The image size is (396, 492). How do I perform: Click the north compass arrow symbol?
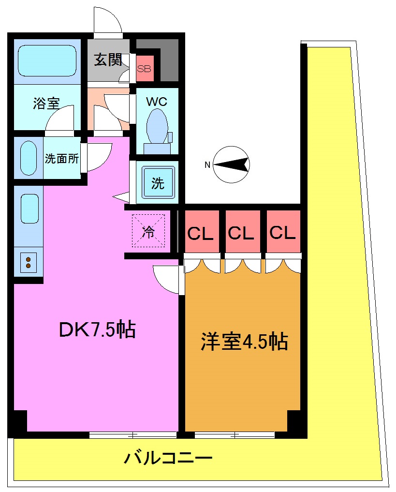point(232,165)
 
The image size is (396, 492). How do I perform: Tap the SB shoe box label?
point(144,68)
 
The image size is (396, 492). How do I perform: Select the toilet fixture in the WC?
point(157,126)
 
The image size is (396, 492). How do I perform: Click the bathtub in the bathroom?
point(47,60)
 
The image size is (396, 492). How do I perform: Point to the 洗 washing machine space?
point(158,183)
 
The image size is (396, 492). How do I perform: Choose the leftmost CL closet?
point(201,234)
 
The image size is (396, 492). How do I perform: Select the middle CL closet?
point(241,234)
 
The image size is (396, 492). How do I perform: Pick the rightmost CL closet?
point(282,233)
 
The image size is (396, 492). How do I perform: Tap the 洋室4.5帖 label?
point(244,342)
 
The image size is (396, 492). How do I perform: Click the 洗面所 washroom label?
point(62,159)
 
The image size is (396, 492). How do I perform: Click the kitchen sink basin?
point(29,209)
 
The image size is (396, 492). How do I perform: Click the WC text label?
point(157,102)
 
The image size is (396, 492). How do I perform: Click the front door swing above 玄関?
point(108,22)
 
